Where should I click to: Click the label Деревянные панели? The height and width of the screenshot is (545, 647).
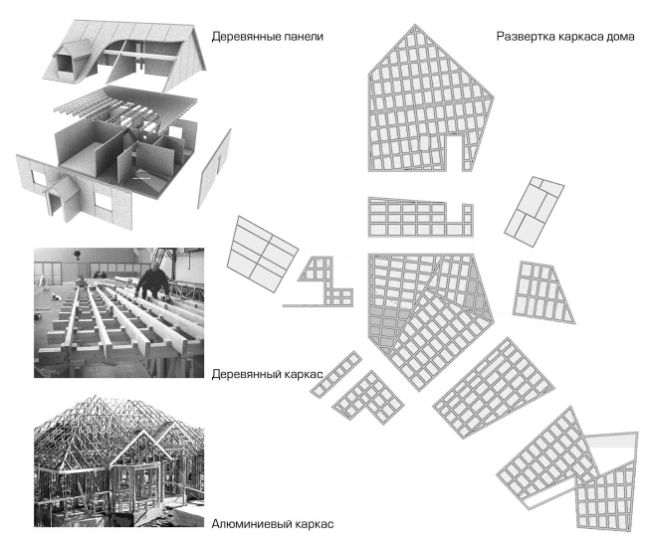click(268, 37)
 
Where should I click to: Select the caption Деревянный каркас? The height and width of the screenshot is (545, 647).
click(267, 376)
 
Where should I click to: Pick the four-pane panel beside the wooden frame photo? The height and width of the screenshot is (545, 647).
click(264, 253)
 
